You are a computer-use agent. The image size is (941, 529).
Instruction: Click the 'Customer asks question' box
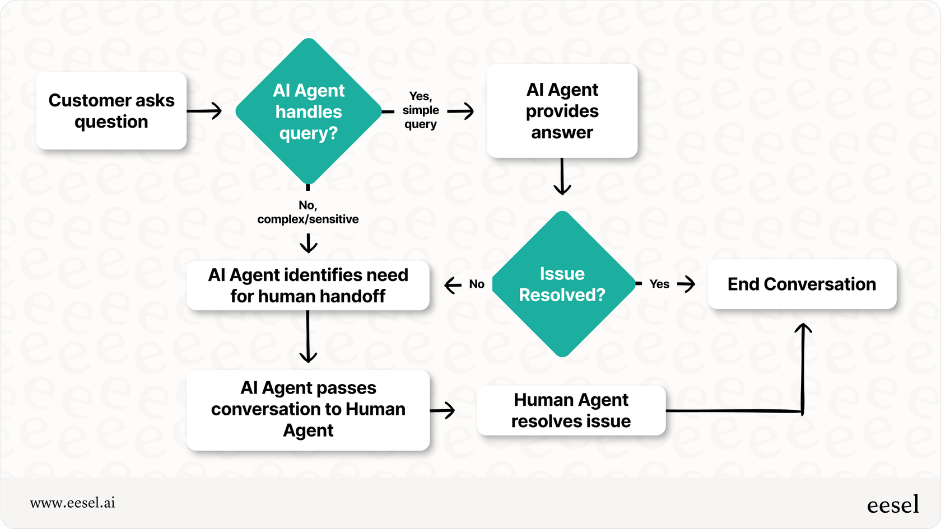[x=111, y=111]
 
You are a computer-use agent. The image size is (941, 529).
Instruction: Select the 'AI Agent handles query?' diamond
[x=308, y=111]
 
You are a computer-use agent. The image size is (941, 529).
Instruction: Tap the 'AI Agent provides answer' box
[x=562, y=111]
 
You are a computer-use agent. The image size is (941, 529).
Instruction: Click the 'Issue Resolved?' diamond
[x=562, y=284]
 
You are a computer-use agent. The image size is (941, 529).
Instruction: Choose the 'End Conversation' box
[x=802, y=284]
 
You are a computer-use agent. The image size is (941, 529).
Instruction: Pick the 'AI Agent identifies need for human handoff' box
[x=308, y=285]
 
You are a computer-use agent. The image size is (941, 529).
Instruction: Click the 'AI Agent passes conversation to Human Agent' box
[x=308, y=409]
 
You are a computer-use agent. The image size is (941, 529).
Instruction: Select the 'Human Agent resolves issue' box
[x=571, y=410]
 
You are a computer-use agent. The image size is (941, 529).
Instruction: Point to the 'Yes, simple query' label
[x=420, y=110]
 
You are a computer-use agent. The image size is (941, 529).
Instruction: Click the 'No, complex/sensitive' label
[x=308, y=213]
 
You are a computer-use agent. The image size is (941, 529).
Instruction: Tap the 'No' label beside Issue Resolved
[x=477, y=284]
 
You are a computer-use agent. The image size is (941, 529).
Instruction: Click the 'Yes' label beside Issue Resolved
[x=659, y=284]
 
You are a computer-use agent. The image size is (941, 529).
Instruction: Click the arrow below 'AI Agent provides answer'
[x=562, y=176]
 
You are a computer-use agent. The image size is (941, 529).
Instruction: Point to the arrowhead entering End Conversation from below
[x=803, y=329]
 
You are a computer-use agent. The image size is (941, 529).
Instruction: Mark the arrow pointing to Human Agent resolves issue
[x=443, y=410]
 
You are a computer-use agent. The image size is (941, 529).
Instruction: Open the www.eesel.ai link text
[x=73, y=503]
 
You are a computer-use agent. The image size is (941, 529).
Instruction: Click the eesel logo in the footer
[x=893, y=504]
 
